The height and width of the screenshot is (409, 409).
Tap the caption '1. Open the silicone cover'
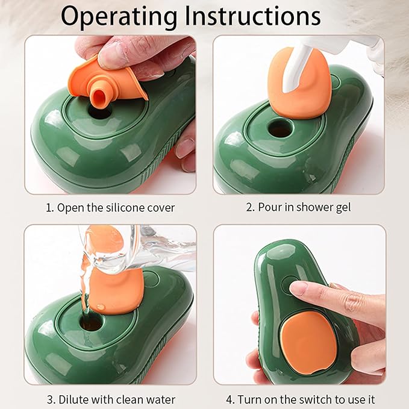(110, 208)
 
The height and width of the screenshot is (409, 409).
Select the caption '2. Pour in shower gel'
(299, 208)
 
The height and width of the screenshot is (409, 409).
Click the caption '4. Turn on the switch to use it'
(299, 399)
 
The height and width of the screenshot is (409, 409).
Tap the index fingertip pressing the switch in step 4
(298, 288)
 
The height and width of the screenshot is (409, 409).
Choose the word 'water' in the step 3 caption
(161, 399)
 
